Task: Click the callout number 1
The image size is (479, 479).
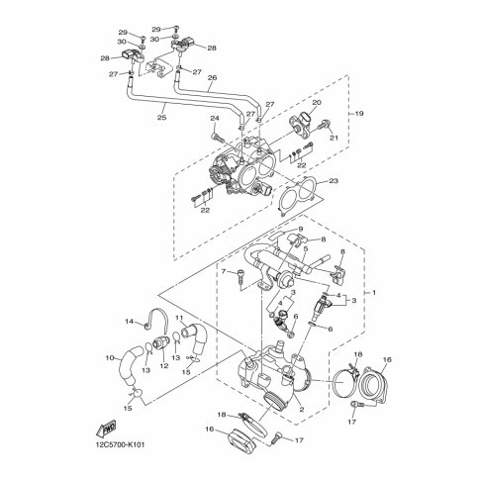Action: [x=373, y=294]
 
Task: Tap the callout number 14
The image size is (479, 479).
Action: [x=129, y=321]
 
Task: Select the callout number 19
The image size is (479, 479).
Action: [x=359, y=114]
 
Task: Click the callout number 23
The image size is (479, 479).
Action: [x=333, y=181]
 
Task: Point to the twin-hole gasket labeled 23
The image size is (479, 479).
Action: [x=297, y=196]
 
